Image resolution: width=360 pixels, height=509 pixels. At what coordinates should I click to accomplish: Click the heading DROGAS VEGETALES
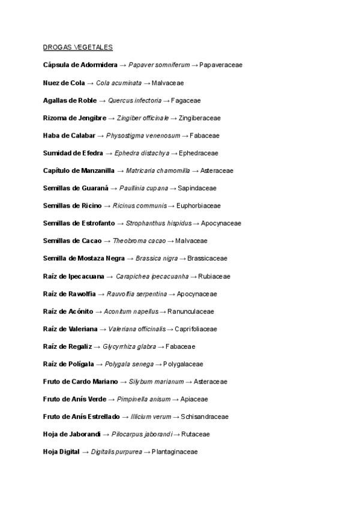tap(78, 47)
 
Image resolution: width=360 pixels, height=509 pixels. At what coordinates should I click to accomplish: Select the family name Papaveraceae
tap(221, 65)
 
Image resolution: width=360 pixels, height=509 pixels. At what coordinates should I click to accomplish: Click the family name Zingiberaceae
tap(200, 118)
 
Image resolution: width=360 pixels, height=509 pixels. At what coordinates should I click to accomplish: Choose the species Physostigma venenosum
tap(143, 136)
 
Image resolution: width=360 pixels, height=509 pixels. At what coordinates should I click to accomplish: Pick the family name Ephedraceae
tap(199, 153)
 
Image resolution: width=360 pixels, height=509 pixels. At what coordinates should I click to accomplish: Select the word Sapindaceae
tap(197, 188)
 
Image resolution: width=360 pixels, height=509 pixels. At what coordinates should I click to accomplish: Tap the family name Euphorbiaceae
tap(199, 206)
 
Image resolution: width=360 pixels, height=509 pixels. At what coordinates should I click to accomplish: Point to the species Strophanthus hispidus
tap(158, 223)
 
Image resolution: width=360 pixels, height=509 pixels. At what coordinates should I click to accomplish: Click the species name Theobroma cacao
tap(139, 241)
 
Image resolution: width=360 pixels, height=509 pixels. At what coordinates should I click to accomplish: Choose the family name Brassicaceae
tap(208, 259)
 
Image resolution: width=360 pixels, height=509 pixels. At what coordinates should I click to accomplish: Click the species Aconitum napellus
tap(131, 312)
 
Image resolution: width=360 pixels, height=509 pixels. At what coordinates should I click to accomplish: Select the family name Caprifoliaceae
tap(196, 329)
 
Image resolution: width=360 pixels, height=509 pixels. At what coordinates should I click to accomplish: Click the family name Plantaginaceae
tap(175, 452)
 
